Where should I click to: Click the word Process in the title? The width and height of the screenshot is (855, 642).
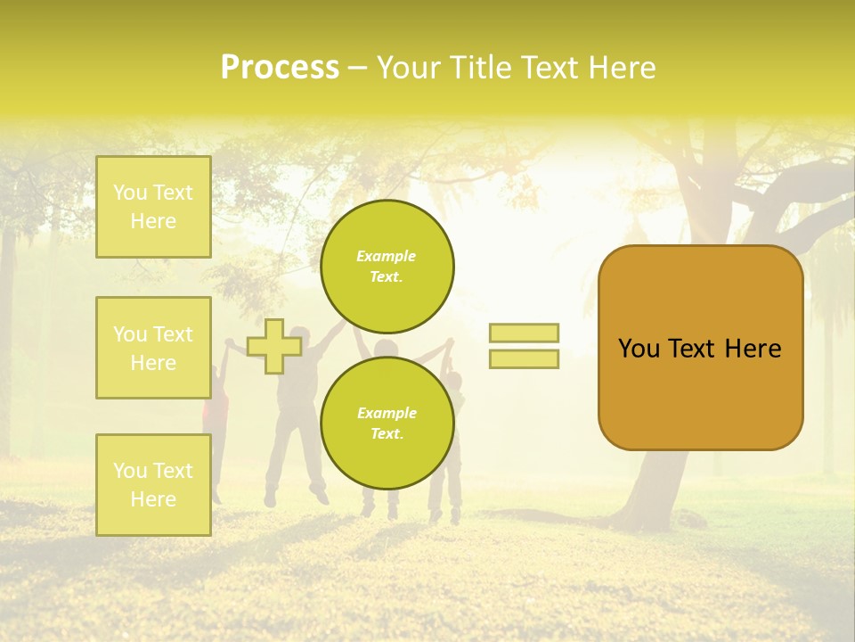click(280, 68)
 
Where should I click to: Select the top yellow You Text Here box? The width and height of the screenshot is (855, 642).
click(153, 207)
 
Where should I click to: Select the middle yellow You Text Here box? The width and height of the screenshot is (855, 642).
click(153, 348)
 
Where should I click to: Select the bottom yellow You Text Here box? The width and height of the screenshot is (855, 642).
click(153, 485)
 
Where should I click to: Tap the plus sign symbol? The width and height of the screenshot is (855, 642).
click(273, 346)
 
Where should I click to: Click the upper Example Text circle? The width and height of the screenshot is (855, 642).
click(387, 267)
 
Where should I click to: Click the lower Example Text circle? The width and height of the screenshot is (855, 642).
click(387, 424)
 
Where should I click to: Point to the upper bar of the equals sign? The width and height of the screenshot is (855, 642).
click(524, 333)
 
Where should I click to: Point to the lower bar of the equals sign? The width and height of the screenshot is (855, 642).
click(524, 359)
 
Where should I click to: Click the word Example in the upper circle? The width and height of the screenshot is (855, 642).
click(387, 256)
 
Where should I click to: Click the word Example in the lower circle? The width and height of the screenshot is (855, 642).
click(387, 413)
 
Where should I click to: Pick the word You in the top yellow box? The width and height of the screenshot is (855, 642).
click(130, 193)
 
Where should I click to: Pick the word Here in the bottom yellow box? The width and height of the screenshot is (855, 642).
click(153, 499)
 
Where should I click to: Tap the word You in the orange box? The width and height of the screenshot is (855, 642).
click(639, 349)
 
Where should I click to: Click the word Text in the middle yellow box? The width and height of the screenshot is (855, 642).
click(172, 334)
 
